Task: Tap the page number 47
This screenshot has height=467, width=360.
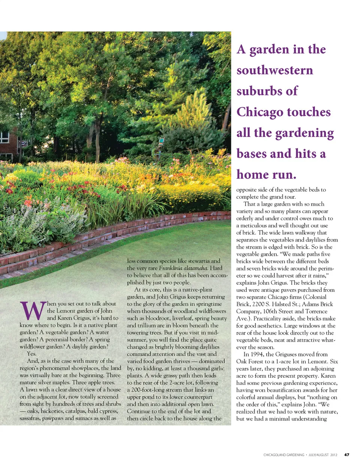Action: [x=346, y=455]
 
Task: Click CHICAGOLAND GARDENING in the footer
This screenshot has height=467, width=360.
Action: [x=284, y=455]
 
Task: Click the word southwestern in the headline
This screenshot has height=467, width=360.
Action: [x=274, y=70]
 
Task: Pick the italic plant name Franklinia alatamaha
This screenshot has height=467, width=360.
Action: [x=183, y=268]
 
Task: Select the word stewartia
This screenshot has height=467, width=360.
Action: [x=205, y=261]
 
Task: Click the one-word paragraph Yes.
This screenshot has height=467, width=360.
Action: [x=31, y=354]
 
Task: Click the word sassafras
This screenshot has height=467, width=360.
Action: [x=30, y=418]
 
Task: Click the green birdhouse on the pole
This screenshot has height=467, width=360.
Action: [x=161, y=141]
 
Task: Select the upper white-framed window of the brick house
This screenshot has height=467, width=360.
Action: [x=4, y=137]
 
